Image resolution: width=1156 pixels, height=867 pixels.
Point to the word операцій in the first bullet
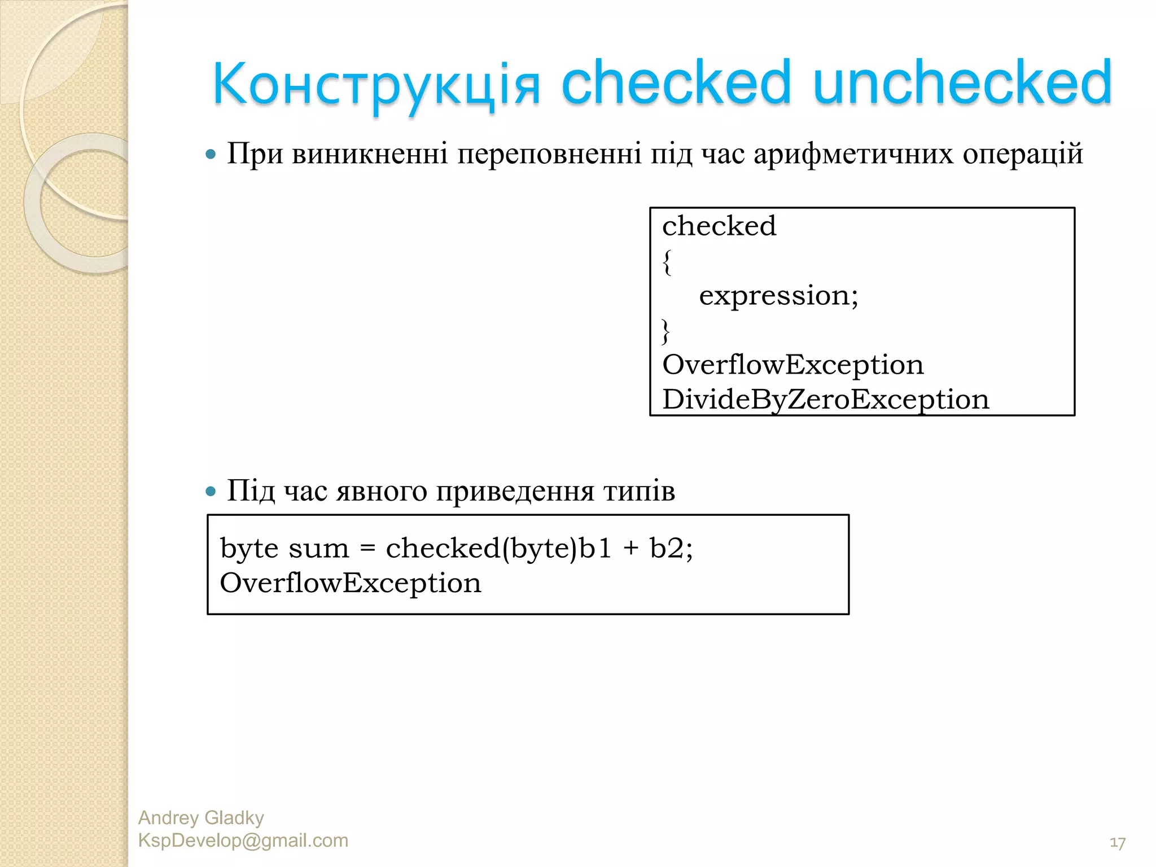1023,154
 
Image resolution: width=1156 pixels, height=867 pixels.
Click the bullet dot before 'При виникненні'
211,154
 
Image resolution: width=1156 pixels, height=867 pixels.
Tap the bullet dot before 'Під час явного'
211,491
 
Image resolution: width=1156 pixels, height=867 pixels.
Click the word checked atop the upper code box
719,226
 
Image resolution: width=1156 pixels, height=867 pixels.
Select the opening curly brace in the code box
667,262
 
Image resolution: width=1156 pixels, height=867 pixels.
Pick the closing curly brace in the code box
666,331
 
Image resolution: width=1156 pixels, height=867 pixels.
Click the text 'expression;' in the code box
778,296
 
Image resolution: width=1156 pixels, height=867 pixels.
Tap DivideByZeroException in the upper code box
825,400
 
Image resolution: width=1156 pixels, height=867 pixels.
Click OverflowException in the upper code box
792,365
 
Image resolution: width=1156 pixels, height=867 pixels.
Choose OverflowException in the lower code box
351,583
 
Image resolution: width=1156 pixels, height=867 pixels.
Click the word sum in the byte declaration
319,549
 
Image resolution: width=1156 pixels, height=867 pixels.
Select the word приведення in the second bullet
515,491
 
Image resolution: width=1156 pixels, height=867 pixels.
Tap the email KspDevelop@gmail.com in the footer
243,840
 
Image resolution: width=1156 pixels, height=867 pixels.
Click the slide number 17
1117,843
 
